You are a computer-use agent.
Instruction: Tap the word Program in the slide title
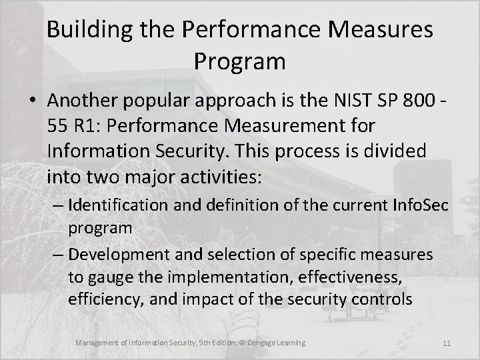(x=240, y=61)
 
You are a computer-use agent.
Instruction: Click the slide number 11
(x=447, y=344)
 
